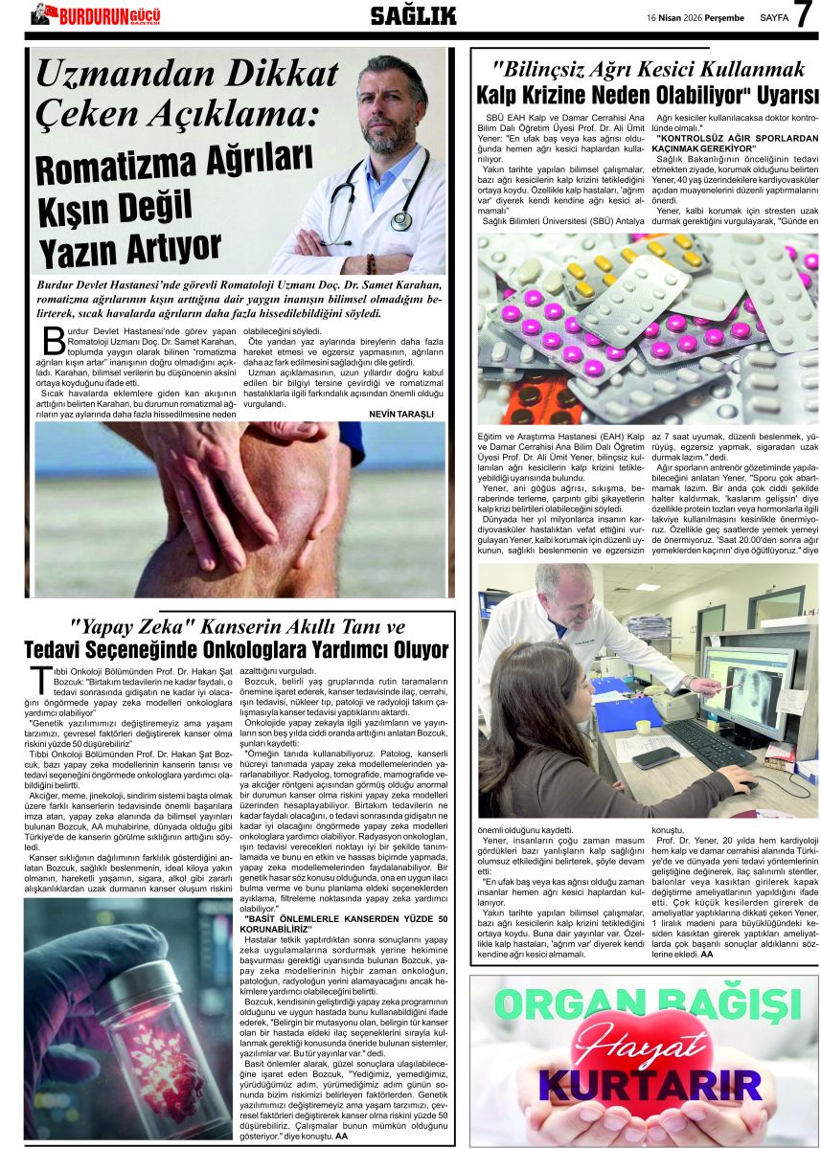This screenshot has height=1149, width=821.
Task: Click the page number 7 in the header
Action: (802, 15)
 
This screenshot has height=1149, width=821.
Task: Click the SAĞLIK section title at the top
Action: (413, 15)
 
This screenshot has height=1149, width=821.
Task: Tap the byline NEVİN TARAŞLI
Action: (401, 414)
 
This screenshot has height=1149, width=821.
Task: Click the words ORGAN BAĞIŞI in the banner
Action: (643, 1004)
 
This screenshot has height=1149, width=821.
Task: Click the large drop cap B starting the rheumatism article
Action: (54, 340)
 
